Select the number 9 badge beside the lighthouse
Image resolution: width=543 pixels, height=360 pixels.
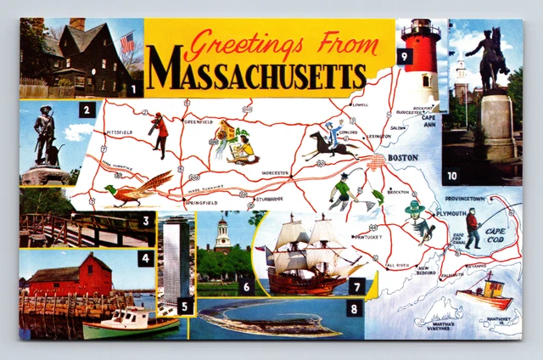click(x=405, y=58)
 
